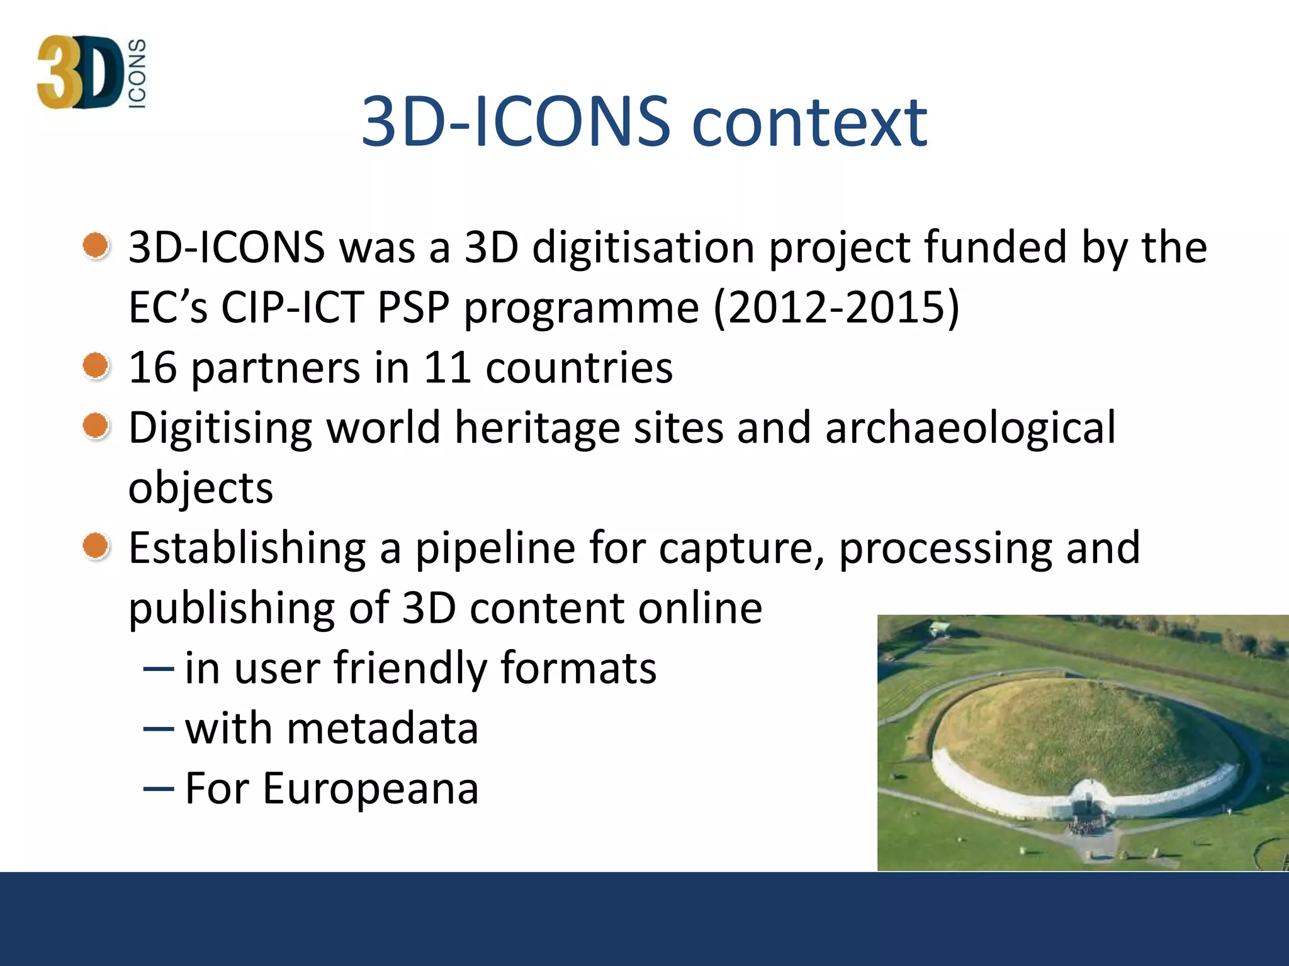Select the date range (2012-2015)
click(836, 308)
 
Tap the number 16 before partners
click(152, 367)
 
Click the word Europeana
click(371, 788)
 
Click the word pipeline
click(495, 548)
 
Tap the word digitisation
click(643, 247)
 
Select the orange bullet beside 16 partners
click(96, 365)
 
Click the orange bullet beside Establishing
click(96, 546)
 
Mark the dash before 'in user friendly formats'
click(159, 669)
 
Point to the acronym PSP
click(414, 308)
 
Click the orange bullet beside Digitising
click(96, 426)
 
